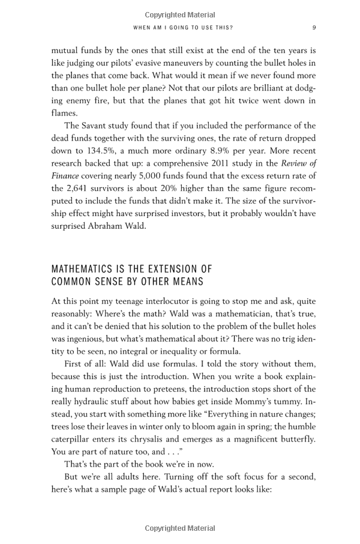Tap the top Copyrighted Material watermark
tap(180, 14)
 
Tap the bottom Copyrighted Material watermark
tap(180, 528)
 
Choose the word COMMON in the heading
tap(70, 281)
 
